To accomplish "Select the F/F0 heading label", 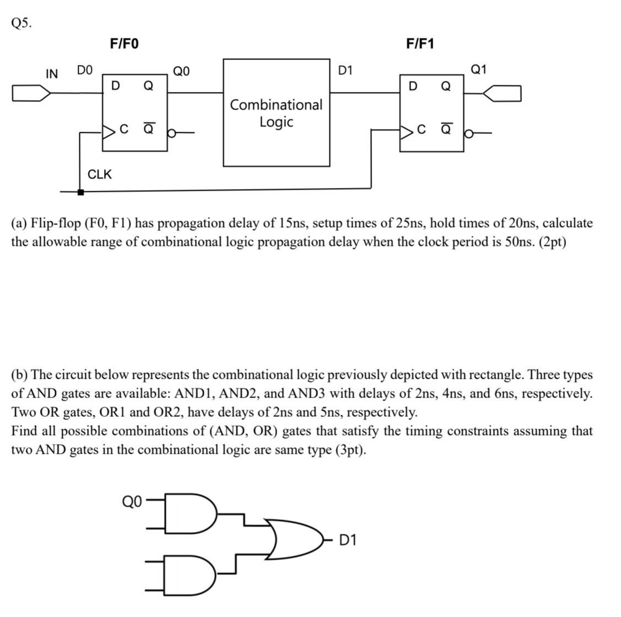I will [x=124, y=43].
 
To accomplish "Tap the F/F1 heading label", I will [x=420, y=43].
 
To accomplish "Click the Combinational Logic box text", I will [x=276, y=113].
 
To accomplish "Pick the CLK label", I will [x=100, y=174].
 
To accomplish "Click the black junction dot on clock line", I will [x=80, y=192].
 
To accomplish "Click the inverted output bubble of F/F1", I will [x=469, y=133].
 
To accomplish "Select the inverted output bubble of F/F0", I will [x=171, y=132].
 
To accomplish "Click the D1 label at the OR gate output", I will [x=347, y=539].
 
